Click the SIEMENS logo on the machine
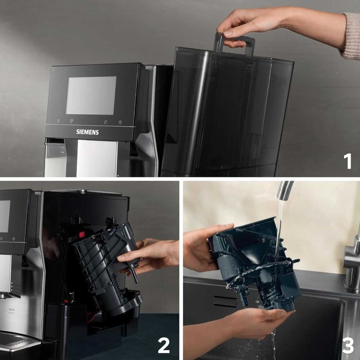coord(87,132)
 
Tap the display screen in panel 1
coord(91,96)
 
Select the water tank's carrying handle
coord(235,44)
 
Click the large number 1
coord(348,161)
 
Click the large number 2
coord(164,345)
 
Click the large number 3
coord(348,345)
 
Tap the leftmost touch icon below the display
coord(58,122)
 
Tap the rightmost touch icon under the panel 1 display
coord(120,122)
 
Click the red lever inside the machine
coord(81,235)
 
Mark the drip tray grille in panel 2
coord(15,339)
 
